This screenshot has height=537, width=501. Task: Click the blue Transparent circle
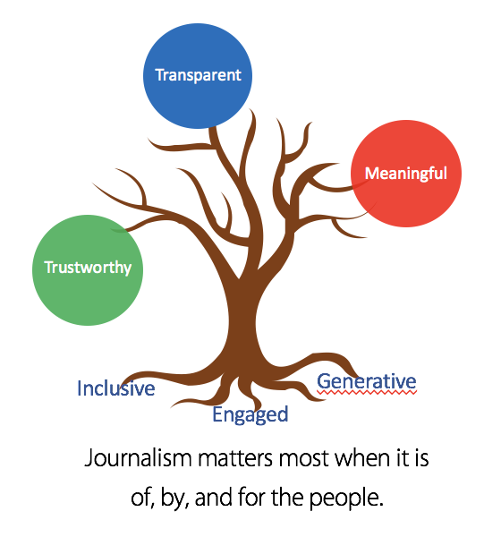(x=198, y=76)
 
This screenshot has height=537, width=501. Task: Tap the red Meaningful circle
(x=406, y=174)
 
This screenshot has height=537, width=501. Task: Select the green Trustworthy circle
(x=88, y=270)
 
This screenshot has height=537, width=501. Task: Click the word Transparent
(x=199, y=75)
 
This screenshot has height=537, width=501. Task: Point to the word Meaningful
(x=406, y=174)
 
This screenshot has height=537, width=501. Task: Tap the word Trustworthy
(x=88, y=268)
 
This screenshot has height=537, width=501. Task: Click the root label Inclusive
(x=115, y=388)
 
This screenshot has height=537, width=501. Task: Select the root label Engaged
(x=250, y=414)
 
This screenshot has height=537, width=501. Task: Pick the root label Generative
(x=367, y=381)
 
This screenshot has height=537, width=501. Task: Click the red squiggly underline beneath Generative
(x=367, y=392)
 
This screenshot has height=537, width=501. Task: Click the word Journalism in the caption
(x=138, y=458)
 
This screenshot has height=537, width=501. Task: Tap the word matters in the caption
(x=235, y=458)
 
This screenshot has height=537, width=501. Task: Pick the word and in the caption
(x=214, y=498)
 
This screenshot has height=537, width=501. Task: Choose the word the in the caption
(x=287, y=498)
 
